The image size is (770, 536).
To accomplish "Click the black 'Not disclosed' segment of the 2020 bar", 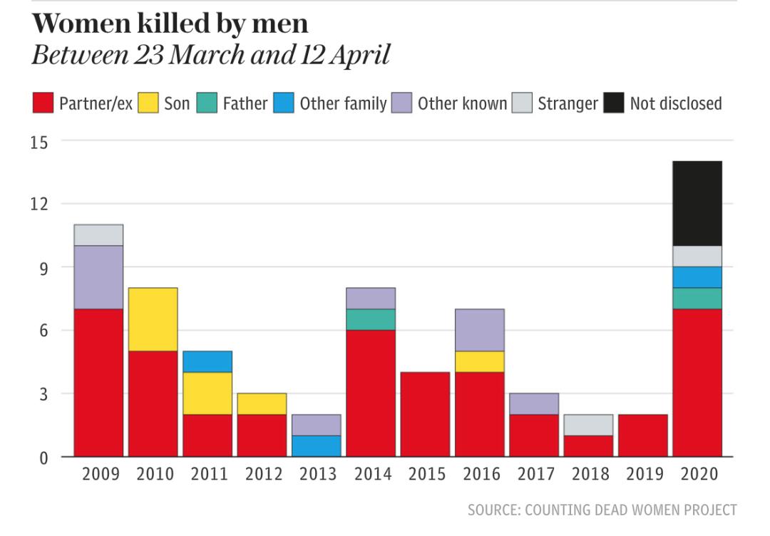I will pos(697,203).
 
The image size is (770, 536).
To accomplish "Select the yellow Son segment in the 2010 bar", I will pos(153,319).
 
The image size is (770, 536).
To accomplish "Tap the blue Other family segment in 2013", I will pos(316,445).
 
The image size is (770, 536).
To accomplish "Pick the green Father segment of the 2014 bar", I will pos(371,319).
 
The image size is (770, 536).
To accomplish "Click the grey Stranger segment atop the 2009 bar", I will pos(98,235).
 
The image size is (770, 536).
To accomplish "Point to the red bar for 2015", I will pos(425,414).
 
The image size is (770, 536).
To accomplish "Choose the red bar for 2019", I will pos(642,435).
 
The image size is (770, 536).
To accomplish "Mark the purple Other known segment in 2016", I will pos(479,330).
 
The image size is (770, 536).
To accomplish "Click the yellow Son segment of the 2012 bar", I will pos(262,403).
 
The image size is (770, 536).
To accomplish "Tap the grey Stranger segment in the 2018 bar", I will pos(588,425).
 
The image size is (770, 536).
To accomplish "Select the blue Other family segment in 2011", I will pos(207,361).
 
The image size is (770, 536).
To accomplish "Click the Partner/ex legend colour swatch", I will pos(43,103).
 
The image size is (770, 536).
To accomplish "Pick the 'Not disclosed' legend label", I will pos(675,103).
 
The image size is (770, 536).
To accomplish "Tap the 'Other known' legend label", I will pos(462,103).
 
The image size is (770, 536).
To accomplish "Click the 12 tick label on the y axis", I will pos(39,205).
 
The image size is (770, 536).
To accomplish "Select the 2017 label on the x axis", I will pos(534,475).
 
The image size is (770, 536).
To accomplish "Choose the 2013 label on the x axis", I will pos(317,475).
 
